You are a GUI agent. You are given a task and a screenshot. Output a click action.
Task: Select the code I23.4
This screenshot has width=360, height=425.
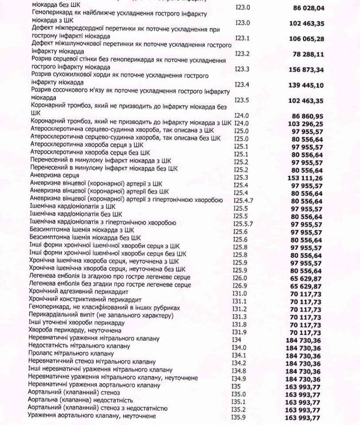tap(242, 84)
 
